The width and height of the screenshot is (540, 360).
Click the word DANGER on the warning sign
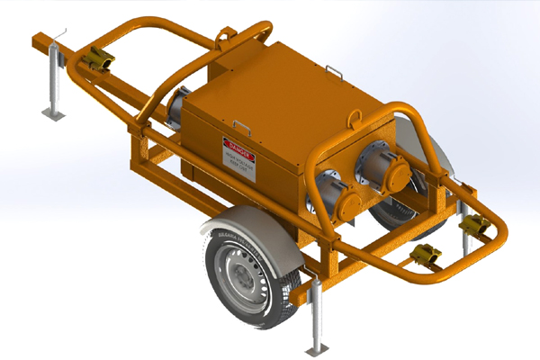(x=235, y=144)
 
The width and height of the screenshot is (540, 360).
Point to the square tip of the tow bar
(x=35, y=39)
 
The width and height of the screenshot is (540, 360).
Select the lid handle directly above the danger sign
(x=241, y=124)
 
